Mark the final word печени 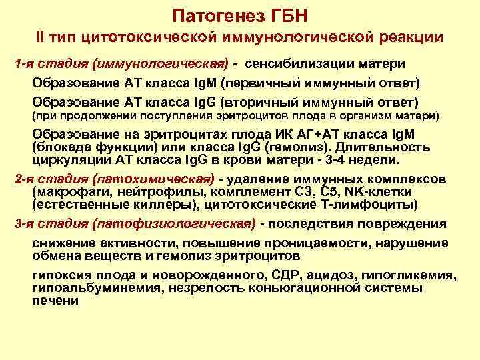coord(55,301)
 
